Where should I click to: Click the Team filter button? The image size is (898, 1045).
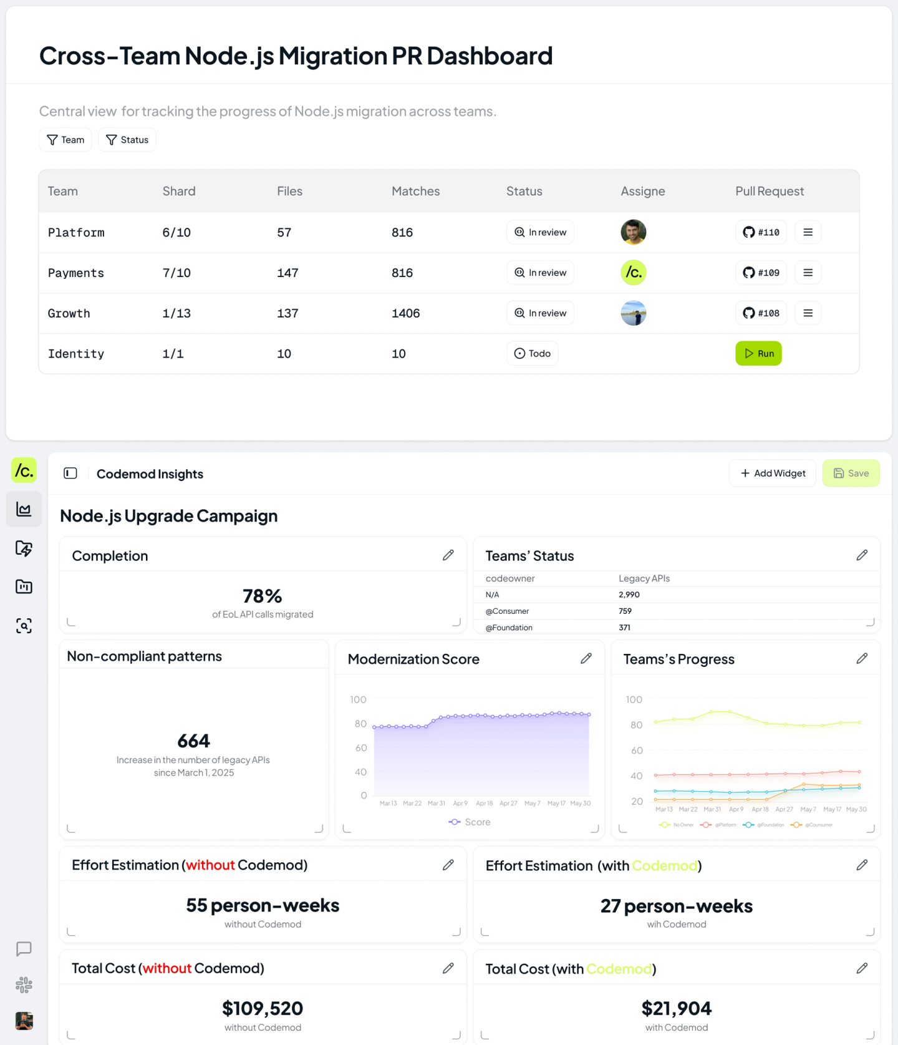[65, 140]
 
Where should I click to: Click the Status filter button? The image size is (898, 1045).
[127, 140]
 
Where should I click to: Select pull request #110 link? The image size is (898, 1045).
[761, 232]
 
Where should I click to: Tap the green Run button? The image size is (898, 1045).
[758, 354]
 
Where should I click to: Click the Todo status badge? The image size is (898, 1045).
[532, 354]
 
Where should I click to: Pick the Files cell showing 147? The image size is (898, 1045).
[287, 273]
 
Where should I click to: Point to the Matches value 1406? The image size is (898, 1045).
[405, 313]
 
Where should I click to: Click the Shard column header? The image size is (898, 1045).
[179, 192]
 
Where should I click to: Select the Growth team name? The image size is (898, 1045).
[69, 313]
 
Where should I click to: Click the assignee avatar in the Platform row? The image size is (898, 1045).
[633, 232]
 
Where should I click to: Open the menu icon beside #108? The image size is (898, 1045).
[808, 313]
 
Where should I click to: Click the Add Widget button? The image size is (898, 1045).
[773, 474]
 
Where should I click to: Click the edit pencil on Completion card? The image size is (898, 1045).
[448, 555]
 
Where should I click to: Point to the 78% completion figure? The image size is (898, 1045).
[263, 596]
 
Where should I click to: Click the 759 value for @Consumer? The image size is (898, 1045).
[625, 611]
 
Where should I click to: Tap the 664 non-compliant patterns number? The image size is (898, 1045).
[194, 741]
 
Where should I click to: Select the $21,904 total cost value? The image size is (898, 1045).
[677, 1008]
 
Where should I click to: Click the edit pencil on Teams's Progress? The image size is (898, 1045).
[862, 659]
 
